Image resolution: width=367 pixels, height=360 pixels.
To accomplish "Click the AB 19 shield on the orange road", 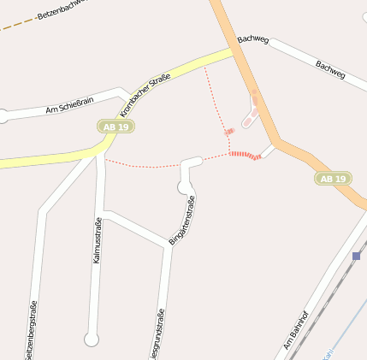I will [x=333, y=179].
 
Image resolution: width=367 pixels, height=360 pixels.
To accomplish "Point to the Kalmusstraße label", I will [x=98, y=240].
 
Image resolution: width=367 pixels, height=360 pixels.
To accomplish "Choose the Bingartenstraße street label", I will [x=182, y=221].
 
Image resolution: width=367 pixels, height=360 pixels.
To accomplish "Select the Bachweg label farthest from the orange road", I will [x=329, y=69].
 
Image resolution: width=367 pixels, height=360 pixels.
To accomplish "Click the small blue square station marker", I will [x=356, y=256].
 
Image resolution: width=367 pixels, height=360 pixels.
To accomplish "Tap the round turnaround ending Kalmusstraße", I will [x=92, y=339].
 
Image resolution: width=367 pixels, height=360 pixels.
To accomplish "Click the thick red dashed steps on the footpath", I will [x=246, y=155].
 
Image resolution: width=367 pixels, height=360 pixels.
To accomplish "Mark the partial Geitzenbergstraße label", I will [x=33, y=331].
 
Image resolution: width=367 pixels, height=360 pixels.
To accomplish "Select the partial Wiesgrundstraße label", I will [x=160, y=334].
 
